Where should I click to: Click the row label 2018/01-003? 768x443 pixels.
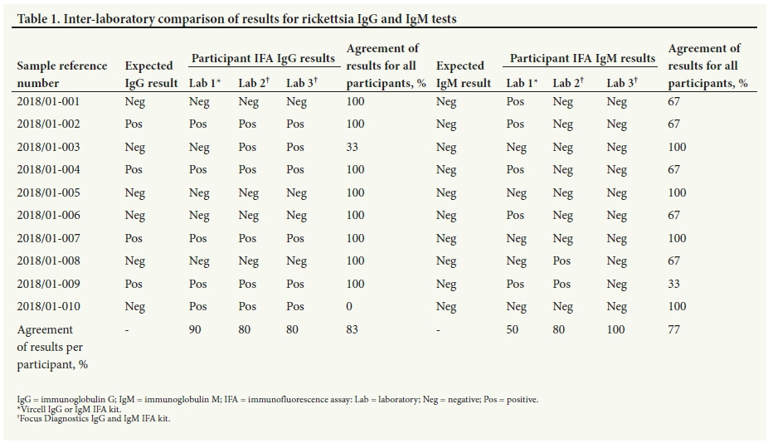(x=48, y=147)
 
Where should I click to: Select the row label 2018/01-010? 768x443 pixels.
(x=48, y=306)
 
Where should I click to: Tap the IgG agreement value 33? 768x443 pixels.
(x=352, y=147)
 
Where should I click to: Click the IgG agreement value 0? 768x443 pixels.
(x=349, y=306)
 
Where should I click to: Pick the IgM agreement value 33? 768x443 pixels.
(x=674, y=284)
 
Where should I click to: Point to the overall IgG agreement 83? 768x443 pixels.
(x=352, y=329)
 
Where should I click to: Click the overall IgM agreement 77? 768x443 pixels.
(x=674, y=329)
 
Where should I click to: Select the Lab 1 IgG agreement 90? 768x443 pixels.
(x=195, y=329)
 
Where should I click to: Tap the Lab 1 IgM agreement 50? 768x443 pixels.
(x=513, y=329)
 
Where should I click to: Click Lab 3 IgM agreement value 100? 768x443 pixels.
(x=615, y=329)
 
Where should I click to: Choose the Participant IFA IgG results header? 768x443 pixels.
(x=263, y=58)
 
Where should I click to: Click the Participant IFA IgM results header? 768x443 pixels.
(x=582, y=58)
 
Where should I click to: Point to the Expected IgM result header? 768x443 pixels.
(x=464, y=75)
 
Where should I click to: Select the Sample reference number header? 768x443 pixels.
(x=61, y=75)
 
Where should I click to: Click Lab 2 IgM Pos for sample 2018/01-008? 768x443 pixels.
(x=561, y=260)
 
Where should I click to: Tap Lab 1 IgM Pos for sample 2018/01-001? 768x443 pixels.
(x=515, y=101)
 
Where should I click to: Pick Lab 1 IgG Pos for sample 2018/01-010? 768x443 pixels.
(x=198, y=306)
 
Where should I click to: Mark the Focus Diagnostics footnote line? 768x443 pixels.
(x=94, y=418)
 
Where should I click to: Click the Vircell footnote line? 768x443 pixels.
(x=69, y=409)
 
